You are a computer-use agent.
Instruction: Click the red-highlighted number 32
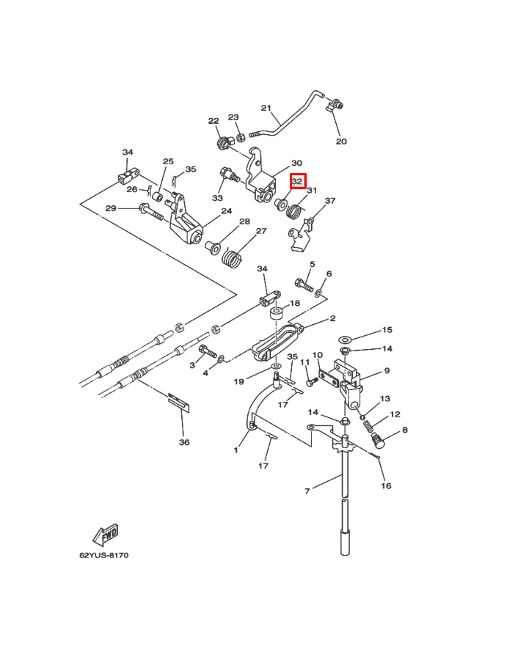(298, 180)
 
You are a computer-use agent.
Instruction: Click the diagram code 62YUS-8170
(103, 555)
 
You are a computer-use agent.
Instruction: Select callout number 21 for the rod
(266, 108)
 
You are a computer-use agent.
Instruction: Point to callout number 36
(184, 442)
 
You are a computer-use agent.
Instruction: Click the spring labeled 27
(233, 259)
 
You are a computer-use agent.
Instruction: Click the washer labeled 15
(345, 340)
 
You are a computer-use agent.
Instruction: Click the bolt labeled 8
(379, 441)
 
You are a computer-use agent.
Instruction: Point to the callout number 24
(227, 210)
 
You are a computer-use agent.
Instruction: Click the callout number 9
(387, 371)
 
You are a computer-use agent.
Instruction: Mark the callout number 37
(330, 201)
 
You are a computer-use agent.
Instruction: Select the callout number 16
(386, 485)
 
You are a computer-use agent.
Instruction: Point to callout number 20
(341, 142)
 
